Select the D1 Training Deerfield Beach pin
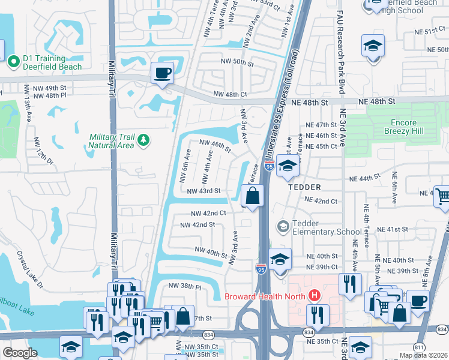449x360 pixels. pos(13,61)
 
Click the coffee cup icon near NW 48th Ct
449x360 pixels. pos(162,73)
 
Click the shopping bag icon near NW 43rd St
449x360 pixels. pos(253,195)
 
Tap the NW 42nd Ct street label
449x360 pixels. pos(208,213)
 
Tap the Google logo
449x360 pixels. pos(20,353)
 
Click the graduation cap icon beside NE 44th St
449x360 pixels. pos(288,167)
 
